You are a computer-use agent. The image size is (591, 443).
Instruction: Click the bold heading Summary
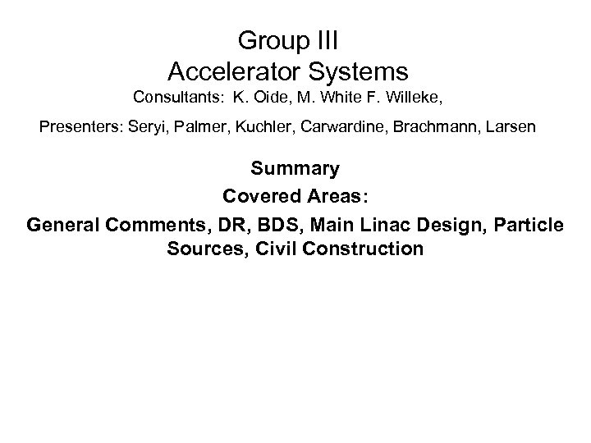pos(295,170)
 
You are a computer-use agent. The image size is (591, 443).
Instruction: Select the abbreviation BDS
pos(278,223)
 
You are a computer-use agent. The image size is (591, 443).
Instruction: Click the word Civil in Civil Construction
pos(277,249)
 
